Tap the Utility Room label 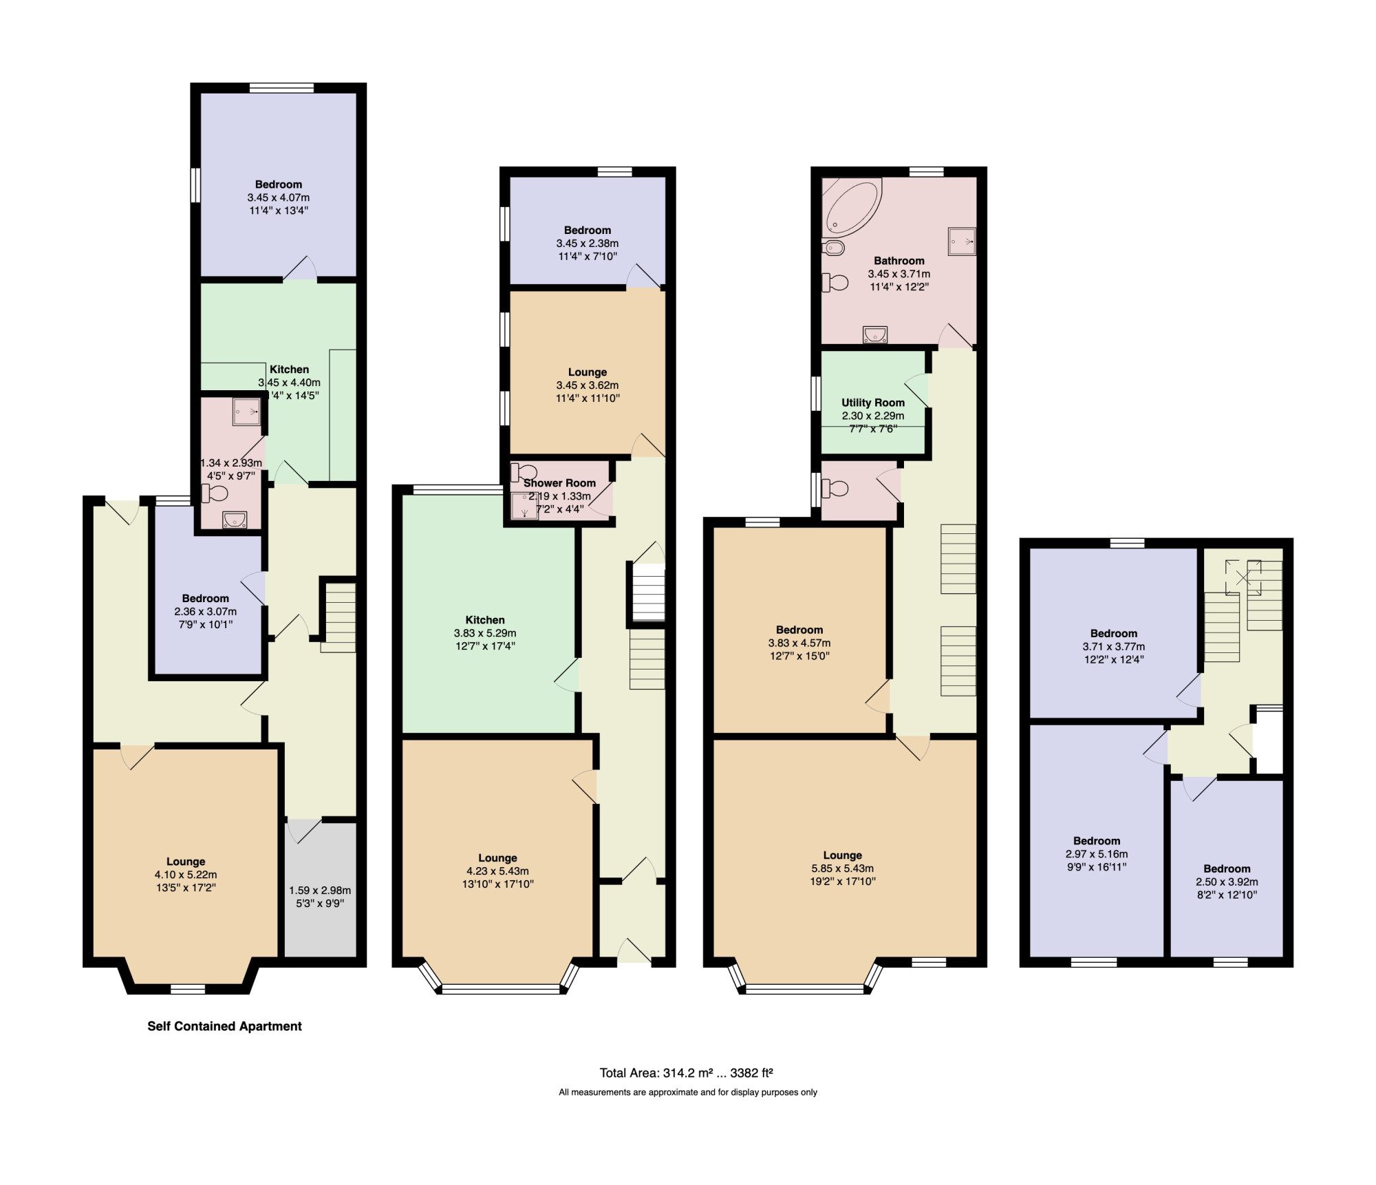point(873,403)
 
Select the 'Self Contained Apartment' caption point(224,1026)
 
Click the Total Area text point(687,1072)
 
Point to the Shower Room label point(560,483)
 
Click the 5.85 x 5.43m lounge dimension point(842,868)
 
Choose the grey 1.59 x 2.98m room point(321,888)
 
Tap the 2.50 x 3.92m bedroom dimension point(1227,882)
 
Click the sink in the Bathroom point(874,334)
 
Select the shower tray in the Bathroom point(962,241)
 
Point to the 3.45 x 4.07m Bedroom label point(279,184)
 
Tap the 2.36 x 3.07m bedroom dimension point(206,612)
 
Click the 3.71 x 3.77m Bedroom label point(1114,634)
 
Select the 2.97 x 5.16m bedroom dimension point(1097,854)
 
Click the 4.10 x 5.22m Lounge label point(186,862)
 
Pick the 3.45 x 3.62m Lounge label point(588,372)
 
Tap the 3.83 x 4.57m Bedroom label point(799,630)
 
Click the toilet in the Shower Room point(525,471)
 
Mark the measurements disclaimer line point(688,1092)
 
